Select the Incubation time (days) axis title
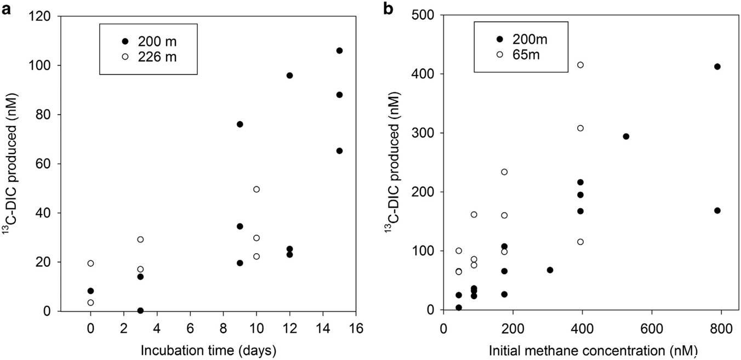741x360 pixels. pyautogui.click(x=207, y=349)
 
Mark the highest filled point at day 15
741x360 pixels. pyautogui.click(x=339, y=50)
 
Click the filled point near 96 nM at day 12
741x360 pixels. pyautogui.click(x=289, y=75)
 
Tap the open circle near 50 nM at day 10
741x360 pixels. pyautogui.click(x=256, y=189)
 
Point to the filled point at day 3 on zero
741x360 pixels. pyautogui.click(x=140, y=310)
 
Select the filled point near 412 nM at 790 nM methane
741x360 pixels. pyautogui.click(x=717, y=66)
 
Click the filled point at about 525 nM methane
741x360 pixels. pyautogui.click(x=626, y=136)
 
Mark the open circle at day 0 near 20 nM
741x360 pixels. pyautogui.click(x=90, y=263)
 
